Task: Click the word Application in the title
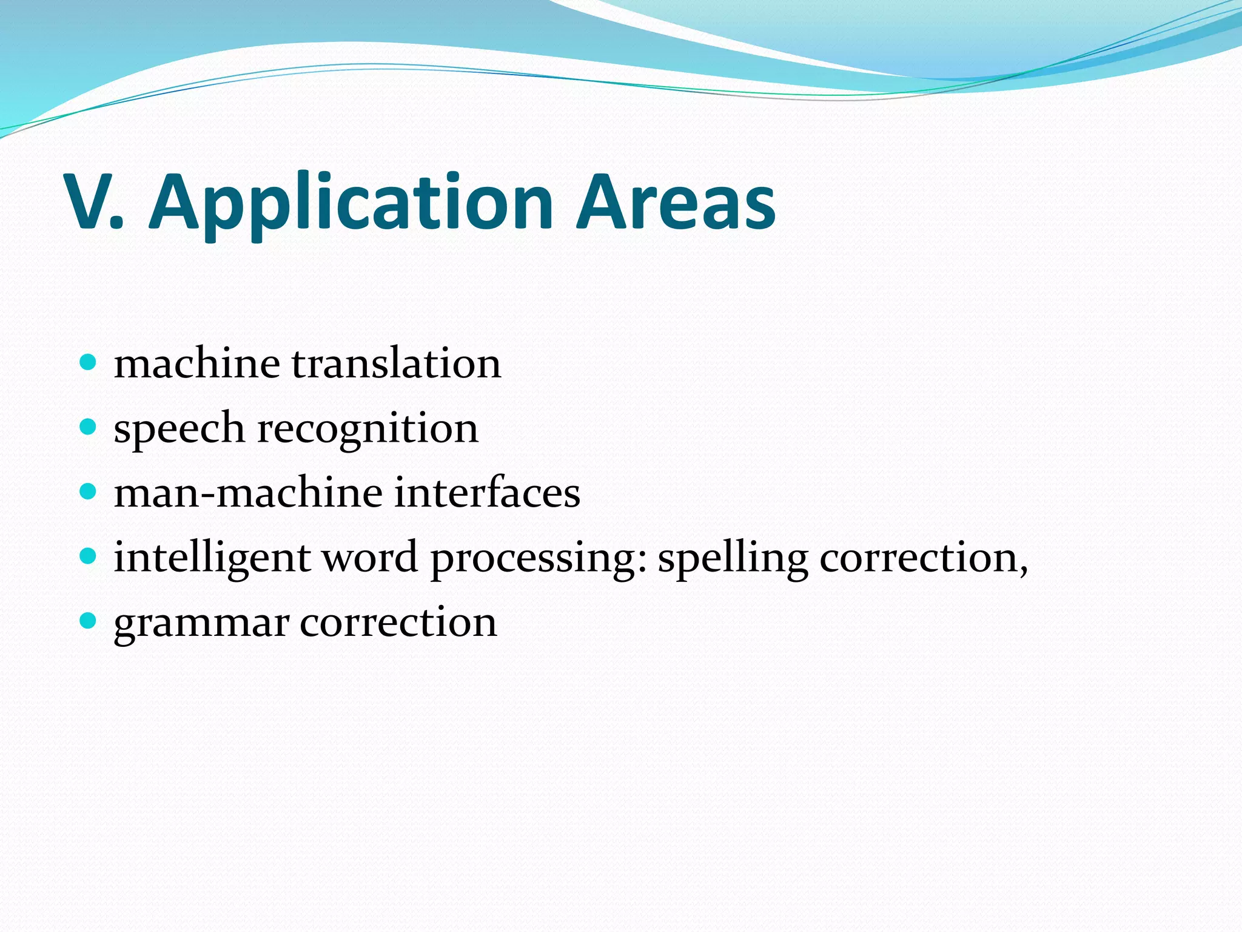click(x=351, y=203)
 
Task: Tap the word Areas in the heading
click(x=676, y=203)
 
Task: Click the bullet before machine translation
click(x=89, y=363)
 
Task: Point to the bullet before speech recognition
click(x=89, y=427)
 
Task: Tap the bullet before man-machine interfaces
click(x=89, y=491)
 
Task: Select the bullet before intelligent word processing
click(x=89, y=556)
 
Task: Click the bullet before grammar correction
click(x=89, y=621)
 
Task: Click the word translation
click(x=397, y=364)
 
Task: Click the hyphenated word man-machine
click(x=248, y=493)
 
